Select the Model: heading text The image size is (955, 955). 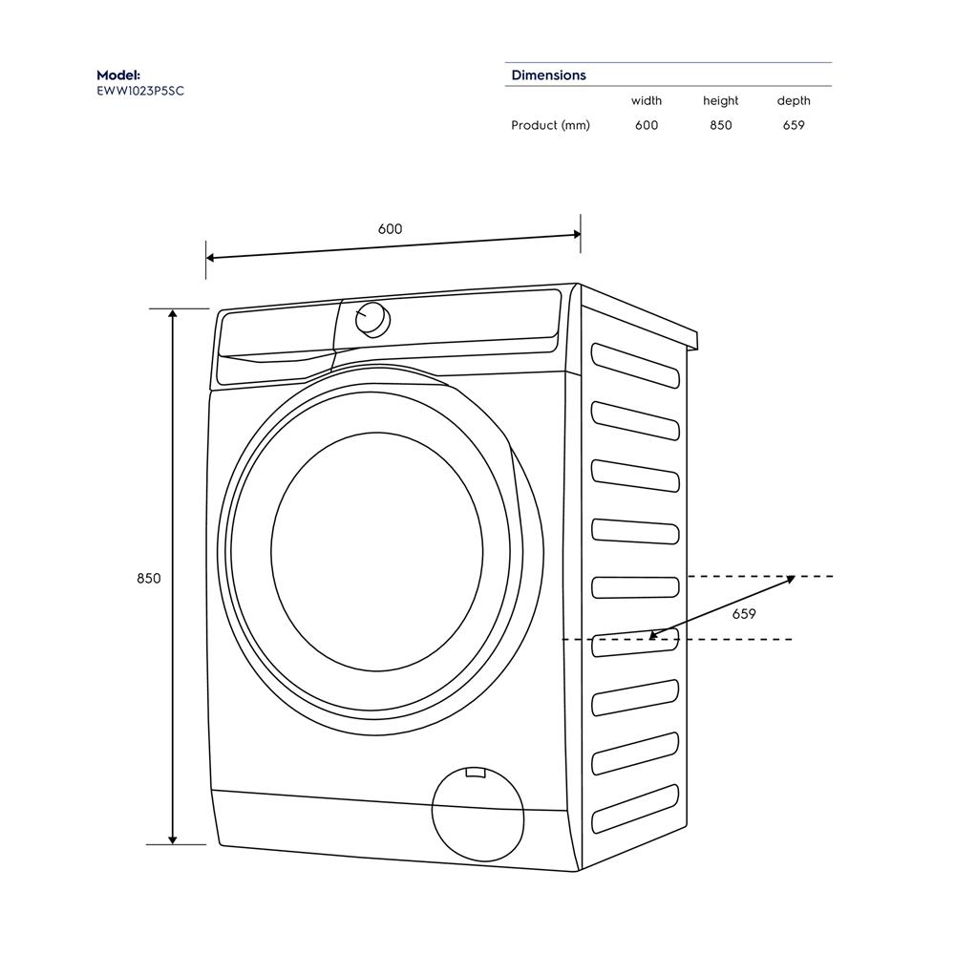click(118, 74)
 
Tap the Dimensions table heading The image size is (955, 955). click(548, 74)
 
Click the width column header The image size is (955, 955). click(646, 100)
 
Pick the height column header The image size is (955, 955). click(720, 100)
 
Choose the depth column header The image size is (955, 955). click(793, 100)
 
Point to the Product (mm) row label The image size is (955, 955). click(550, 125)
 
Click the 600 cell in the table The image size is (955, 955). click(646, 125)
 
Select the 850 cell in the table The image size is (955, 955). click(720, 125)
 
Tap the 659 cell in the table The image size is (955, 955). click(793, 125)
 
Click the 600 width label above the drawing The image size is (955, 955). click(390, 229)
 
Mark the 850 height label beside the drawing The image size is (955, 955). click(149, 579)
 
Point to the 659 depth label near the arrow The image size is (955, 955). click(744, 614)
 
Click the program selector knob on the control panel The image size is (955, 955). click(371, 319)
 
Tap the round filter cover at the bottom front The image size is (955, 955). click(477, 809)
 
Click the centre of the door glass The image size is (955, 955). click(376, 553)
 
